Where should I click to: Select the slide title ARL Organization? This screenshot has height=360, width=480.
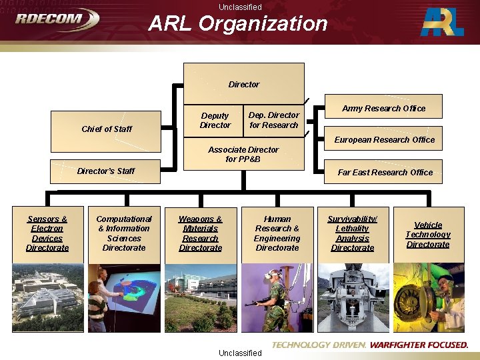[x=238, y=24]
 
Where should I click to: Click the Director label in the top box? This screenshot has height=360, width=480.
[x=244, y=85]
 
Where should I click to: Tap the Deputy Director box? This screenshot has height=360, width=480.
[x=215, y=121]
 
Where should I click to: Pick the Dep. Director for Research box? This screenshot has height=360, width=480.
[x=273, y=120]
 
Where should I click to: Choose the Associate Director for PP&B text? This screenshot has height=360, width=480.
[x=243, y=154]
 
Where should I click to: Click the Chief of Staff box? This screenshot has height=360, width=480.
[x=107, y=129]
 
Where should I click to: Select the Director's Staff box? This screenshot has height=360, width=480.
[x=105, y=171]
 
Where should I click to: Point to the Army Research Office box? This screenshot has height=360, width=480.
[x=383, y=109]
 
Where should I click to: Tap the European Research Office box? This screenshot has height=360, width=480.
[x=385, y=140]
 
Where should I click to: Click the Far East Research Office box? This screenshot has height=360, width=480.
[x=385, y=173]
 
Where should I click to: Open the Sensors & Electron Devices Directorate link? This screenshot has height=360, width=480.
[x=47, y=233]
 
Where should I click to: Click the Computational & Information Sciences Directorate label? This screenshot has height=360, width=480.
[x=124, y=233]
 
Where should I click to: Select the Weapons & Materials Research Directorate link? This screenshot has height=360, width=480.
[x=200, y=233]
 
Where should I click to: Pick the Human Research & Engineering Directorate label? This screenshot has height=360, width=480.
[x=277, y=233]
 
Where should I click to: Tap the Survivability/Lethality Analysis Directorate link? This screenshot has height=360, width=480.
[x=353, y=233]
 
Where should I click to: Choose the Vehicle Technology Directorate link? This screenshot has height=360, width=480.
[x=428, y=235]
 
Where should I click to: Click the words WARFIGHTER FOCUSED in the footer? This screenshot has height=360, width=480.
[x=419, y=345]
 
